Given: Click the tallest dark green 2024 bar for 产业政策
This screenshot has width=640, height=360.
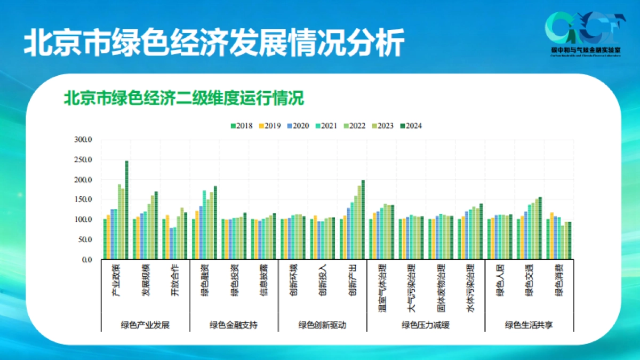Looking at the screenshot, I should [127, 210].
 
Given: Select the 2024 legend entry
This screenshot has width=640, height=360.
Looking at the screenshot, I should [411, 126].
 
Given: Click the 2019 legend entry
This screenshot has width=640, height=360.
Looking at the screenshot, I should [271, 126].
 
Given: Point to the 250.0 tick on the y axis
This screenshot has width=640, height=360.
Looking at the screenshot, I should [83, 160].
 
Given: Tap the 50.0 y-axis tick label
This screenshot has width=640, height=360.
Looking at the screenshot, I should [84, 240].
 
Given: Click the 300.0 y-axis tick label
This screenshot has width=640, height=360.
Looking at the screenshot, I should [83, 140].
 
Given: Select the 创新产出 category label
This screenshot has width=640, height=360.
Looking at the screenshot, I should [353, 281].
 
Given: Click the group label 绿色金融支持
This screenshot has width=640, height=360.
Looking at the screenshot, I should [234, 325].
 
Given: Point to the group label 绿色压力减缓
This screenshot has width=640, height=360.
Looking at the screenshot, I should [426, 325].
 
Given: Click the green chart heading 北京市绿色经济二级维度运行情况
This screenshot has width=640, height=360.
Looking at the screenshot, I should [183, 99].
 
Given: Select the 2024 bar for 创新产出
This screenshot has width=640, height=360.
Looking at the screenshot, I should [363, 220].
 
